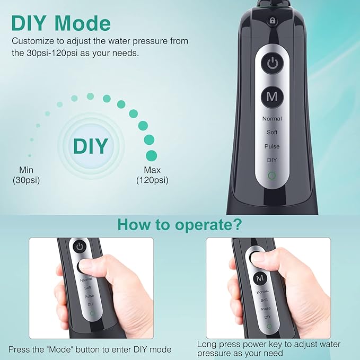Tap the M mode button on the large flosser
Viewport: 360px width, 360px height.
coord(272,96)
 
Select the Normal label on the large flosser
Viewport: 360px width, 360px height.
coord(272,119)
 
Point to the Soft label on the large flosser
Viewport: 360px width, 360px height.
coord(272,133)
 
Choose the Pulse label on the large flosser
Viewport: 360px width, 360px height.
coord(272,146)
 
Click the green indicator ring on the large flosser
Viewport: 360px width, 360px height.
coord(272,175)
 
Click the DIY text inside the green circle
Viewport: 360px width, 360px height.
coord(90,145)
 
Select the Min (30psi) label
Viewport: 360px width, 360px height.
coord(27,175)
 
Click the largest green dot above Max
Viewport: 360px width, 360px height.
coord(152,155)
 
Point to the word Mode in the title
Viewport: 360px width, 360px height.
coord(82,23)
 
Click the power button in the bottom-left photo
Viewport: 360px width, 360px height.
coord(80,247)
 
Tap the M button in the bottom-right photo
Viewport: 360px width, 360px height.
coord(259,278)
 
